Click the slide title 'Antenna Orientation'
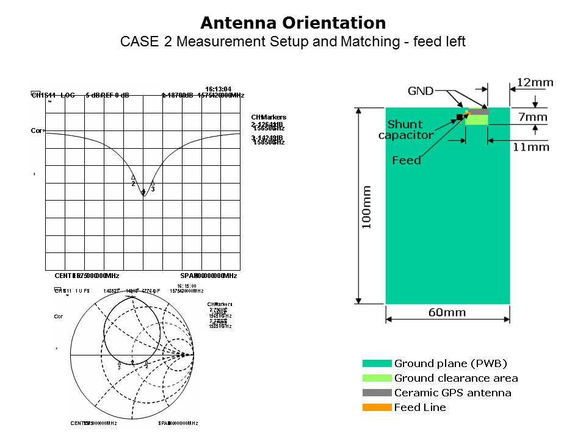[293, 23]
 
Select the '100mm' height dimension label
[366, 208]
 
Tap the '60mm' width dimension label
[447, 313]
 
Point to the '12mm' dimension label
[535, 82]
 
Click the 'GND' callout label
[421, 91]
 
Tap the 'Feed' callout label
[407, 160]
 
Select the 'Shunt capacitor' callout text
[406, 130]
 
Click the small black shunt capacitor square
[460, 116]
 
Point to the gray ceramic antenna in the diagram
[479, 112]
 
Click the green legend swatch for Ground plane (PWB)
[377, 363]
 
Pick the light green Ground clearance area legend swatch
[377, 378]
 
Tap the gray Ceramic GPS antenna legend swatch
[377, 393]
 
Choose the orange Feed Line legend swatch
[377, 407]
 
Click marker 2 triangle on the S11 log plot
[133, 177]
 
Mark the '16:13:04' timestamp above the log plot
[218, 90]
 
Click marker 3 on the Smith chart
[119, 362]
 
